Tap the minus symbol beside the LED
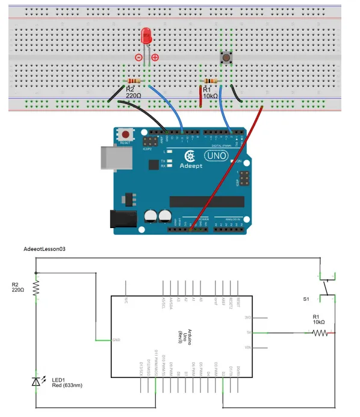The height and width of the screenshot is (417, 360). pyautogui.click(x=138, y=57)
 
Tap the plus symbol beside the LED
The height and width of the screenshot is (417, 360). pyautogui.click(x=155, y=57)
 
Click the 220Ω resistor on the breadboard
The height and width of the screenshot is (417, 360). pyautogui.click(x=134, y=81)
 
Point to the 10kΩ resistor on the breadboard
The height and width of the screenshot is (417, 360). pyautogui.click(x=211, y=81)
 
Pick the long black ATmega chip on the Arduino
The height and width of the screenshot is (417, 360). pyautogui.click(x=206, y=201)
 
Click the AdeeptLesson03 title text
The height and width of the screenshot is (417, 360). pyautogui.click(x=43, y=249)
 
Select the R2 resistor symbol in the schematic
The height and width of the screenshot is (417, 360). pyautogui.click(x=36, y=289)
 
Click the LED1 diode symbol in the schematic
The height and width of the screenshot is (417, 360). pyautogui.click(x=36, y=381)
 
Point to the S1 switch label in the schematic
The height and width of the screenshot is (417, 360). pyautogui.click(x=306, y=298)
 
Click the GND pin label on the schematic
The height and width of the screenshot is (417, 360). pyautogui.click(x=116, y=340)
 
